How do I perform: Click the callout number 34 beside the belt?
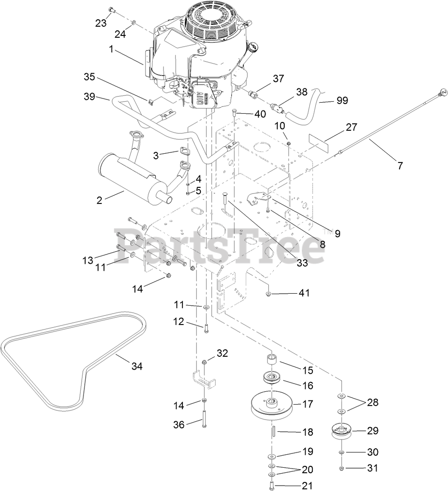(137, 366)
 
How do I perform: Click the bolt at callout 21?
(271, 485)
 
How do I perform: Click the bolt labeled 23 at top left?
(111, 10)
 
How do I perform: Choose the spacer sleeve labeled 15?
(272, 359)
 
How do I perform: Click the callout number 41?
(304, 293)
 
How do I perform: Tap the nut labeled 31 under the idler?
(342, 468)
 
